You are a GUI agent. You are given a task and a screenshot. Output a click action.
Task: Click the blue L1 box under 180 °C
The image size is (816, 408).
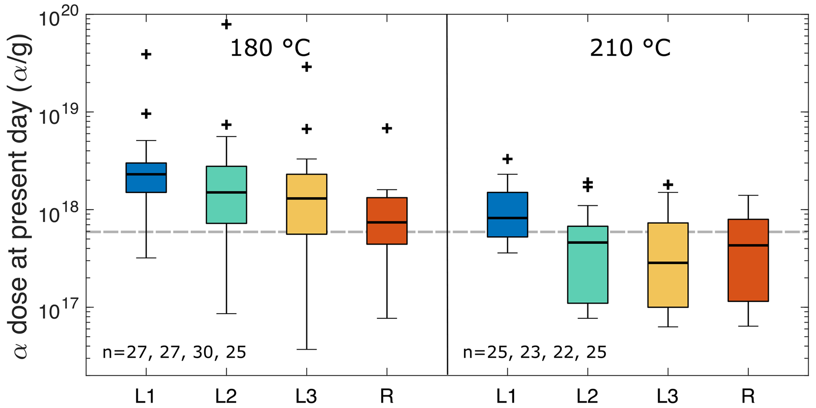(x=146, y=178)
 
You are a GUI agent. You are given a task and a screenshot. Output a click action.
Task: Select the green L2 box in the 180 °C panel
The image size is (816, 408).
(x=226, y=195)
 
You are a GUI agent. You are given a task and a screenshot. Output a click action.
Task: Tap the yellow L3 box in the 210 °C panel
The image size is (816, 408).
(x=668, y=265)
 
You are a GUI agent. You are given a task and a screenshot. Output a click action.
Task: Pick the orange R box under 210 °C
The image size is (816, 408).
(x=748, y=260)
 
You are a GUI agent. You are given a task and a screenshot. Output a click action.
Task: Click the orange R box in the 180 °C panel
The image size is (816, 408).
(x=386, y=221)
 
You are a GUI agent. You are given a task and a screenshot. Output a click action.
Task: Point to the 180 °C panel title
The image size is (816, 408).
(x=270, y=49)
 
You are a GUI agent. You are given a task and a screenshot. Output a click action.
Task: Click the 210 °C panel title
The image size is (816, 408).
(x=630, y=49)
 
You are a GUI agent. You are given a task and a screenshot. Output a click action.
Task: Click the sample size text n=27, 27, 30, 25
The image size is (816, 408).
(x=174, y=352)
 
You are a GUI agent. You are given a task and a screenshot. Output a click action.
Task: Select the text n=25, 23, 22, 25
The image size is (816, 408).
(x=535, y=352)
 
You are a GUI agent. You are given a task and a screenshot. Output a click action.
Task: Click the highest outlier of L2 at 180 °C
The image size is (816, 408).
(x=226, y=24)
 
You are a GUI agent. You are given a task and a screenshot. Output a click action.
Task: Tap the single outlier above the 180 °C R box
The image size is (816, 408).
(x=386, y=128)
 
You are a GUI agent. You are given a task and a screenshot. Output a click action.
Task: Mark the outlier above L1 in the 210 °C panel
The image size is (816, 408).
(x=507, y=159)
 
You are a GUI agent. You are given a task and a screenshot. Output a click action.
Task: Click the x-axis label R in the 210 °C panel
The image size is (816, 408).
(x=748, y=396)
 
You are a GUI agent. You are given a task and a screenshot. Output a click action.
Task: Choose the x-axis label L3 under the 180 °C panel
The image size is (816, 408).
(x=306, y=396)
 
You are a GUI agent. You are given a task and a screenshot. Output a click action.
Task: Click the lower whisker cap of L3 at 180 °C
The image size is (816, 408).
(x=306, y=349)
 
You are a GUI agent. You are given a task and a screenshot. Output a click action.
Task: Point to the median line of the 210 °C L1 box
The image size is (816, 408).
(x=507, y=218)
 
